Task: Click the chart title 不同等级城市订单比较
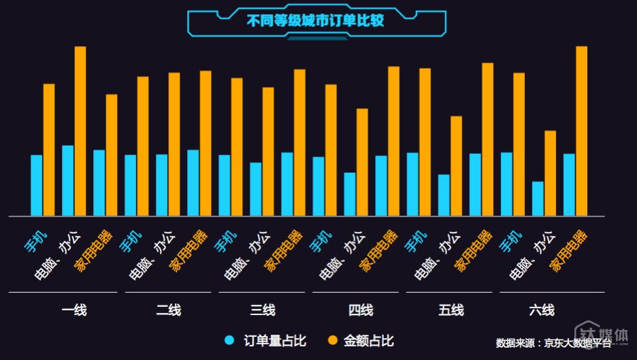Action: click(315, 20)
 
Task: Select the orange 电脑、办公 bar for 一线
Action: click(80, 131)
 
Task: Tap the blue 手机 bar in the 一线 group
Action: click(37, 185)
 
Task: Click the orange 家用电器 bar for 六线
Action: click(581, 131)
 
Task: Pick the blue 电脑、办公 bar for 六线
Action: click(538, 198)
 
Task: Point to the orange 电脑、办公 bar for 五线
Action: click(456, 166)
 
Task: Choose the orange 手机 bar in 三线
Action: click(237, 147)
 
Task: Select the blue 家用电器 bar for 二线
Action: click(193, 182)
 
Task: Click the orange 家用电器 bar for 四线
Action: click(393, 141)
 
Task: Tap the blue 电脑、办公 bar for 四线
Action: click(350, 194)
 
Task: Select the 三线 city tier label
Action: click(263, 311)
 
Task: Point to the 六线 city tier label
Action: click(541, 311)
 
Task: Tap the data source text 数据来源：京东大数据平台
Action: click(553, 343)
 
